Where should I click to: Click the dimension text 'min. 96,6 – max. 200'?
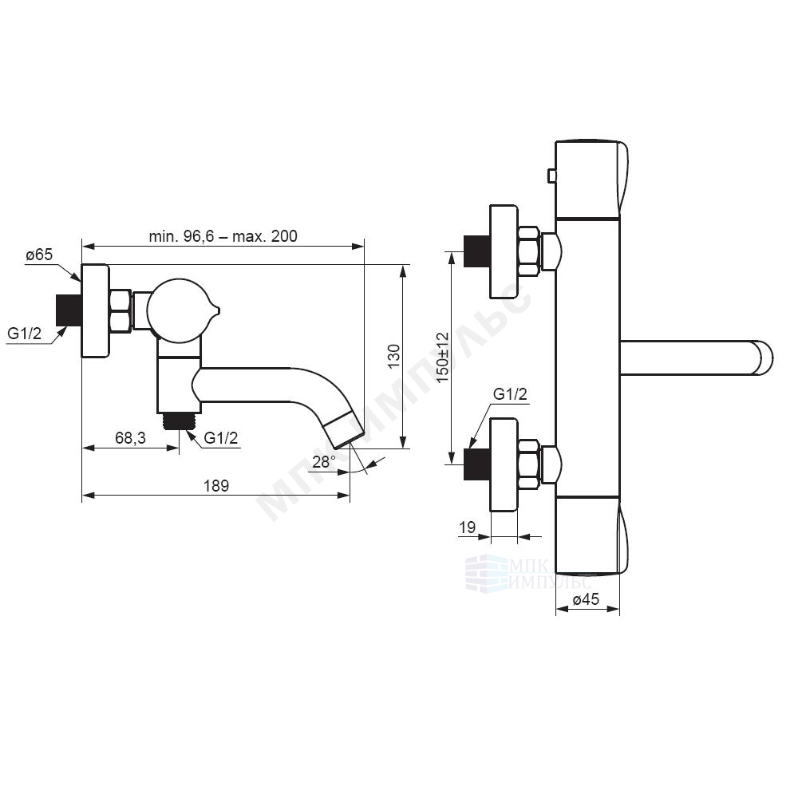point(223,236)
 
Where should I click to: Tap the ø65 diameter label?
point(39,254)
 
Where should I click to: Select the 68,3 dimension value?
point(130,437)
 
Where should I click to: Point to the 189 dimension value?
point(216,485)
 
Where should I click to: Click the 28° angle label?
point(324,461)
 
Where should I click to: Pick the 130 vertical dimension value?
point(394,356)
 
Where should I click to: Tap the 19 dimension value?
point(467,527)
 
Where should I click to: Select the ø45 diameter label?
point(586,599)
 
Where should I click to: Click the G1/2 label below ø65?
point(25,334)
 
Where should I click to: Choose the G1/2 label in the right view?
point(511,394)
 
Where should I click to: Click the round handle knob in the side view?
point(178,310)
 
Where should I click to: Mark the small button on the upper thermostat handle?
point(551,176)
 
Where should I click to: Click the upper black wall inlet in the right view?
point(477,251)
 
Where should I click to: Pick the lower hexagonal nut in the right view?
point(529,464)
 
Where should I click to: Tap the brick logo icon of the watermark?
point(487,573)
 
